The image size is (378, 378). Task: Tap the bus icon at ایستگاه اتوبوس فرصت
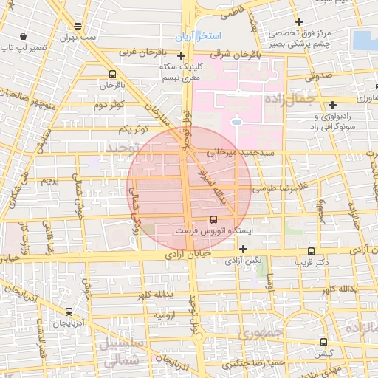214,219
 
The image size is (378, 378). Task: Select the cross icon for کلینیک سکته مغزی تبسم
181,55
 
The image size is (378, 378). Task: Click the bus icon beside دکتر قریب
312,251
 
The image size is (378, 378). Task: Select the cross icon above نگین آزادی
243,248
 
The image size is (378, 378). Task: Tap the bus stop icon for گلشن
324,342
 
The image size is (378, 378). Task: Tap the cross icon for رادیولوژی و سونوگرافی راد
333,106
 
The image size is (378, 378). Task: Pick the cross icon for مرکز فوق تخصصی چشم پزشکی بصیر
298,21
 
